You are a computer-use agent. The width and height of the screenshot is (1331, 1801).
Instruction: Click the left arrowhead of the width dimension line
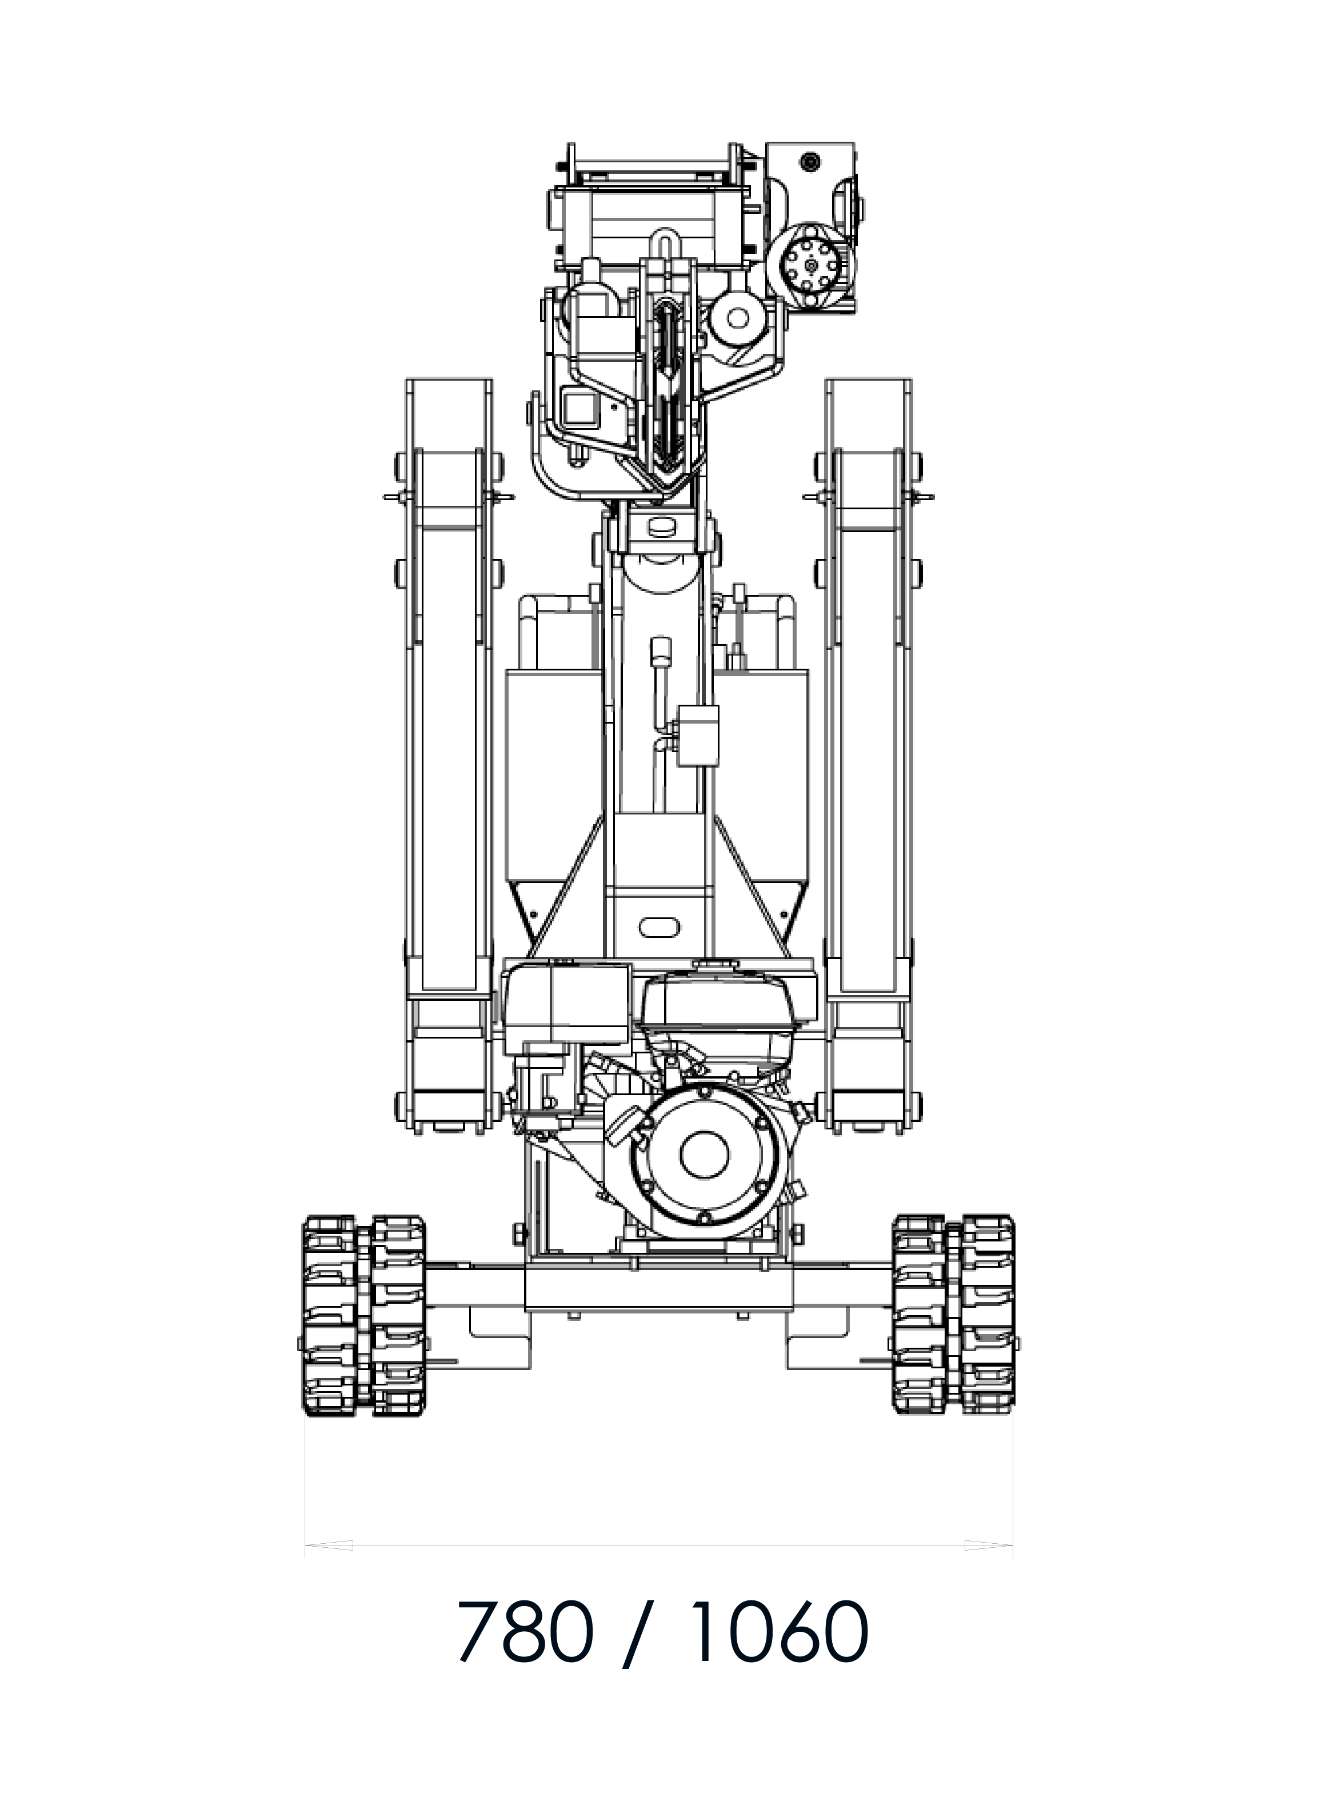click(329, 1546)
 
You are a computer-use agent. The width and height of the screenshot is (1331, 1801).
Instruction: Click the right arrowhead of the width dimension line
click(989, 1546)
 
